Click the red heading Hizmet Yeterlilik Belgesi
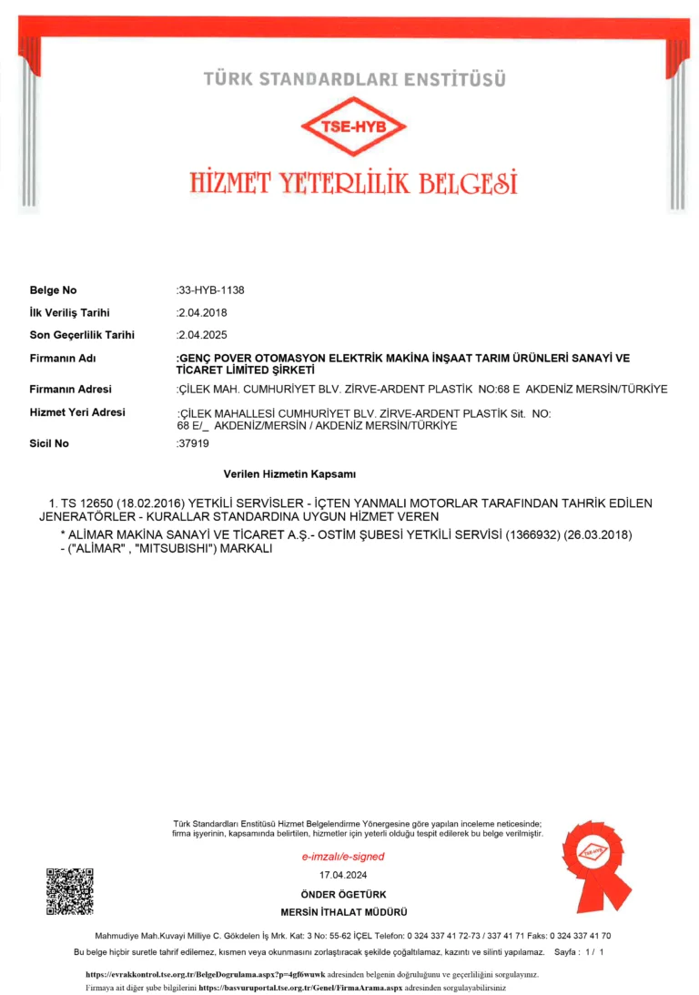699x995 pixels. point(354,181)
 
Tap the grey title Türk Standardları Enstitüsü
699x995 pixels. point(355,79)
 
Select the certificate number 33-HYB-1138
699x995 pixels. point(211,290)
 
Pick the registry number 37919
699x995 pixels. point(192,443)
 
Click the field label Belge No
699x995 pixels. point(54,290)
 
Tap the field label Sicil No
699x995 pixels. point(50,443)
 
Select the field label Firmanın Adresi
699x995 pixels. point(71,389)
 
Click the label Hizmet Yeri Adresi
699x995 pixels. point(77,412)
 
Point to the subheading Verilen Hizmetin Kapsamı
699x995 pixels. point(289,474)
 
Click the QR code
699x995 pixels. point(69,891)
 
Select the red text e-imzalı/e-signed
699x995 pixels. point(343,857)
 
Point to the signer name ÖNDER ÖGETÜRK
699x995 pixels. point(343,895)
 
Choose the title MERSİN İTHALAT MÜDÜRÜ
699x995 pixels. point(343,912)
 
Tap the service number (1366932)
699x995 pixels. point(538,533)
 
